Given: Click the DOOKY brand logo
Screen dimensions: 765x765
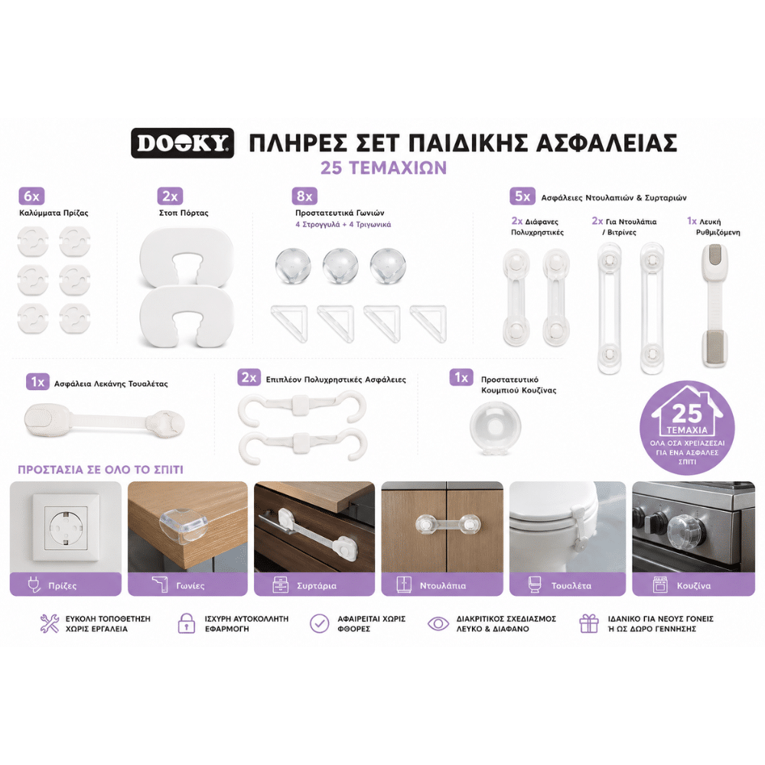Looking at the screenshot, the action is (183, 143).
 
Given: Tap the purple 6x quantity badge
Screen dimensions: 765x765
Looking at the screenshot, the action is (31, 196).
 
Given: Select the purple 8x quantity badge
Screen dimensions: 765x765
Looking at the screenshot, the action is (304, 196).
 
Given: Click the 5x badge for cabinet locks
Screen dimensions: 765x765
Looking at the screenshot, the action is (522, 196).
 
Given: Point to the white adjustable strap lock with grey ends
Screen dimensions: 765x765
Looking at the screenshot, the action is (715, 305).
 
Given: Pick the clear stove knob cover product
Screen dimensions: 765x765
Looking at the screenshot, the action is (495, 428).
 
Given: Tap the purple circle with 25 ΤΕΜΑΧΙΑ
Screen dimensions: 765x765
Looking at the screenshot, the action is (687, 428).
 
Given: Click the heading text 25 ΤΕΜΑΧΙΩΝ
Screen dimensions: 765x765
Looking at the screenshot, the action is (383, 168).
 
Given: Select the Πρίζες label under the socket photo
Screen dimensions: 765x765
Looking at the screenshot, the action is (63, 585).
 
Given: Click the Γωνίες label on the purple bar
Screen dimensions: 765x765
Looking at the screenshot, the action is (190, 585).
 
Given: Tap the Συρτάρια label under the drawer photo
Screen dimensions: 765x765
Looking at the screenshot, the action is (317, 585).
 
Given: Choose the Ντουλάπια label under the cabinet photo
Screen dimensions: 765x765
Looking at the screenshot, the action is (443, 585).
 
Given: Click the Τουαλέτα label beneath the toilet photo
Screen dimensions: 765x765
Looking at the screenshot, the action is (571, 585).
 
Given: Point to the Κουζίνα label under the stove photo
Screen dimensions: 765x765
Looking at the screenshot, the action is (694, 585).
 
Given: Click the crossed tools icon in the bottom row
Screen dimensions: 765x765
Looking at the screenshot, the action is (49, 623).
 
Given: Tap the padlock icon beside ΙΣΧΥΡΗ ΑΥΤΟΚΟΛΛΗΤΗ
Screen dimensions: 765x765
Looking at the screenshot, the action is (187, 623).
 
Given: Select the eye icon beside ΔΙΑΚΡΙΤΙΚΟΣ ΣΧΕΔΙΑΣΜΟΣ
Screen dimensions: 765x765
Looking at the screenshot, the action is (438, 623).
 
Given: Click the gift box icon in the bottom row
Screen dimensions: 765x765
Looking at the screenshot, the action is (589, 623).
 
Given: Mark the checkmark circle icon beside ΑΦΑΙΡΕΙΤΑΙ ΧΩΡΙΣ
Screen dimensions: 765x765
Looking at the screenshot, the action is (320, 623).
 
